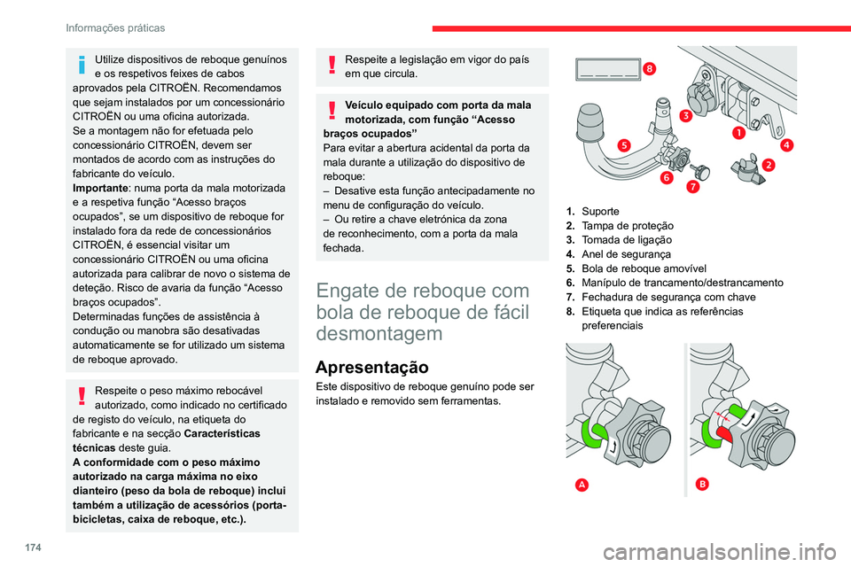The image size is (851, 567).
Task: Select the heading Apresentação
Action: click(x=371, y=367)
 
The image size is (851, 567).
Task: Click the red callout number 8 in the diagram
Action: click(x=651, y=68)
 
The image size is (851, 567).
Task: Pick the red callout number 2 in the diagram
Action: click(x=767, y=165)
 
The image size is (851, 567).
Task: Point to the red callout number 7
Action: click(x=691, y=188)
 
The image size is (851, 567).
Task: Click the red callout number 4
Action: click(x=786, y=144)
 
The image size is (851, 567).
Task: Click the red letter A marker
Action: click(x=581, y=484)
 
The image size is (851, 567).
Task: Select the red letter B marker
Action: click(x=703, y=484)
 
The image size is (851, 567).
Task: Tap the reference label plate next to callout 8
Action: click(x=606, y=70)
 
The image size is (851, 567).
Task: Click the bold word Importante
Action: click(x=99, y=189)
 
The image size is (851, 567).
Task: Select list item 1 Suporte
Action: click(x=599, y=211)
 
